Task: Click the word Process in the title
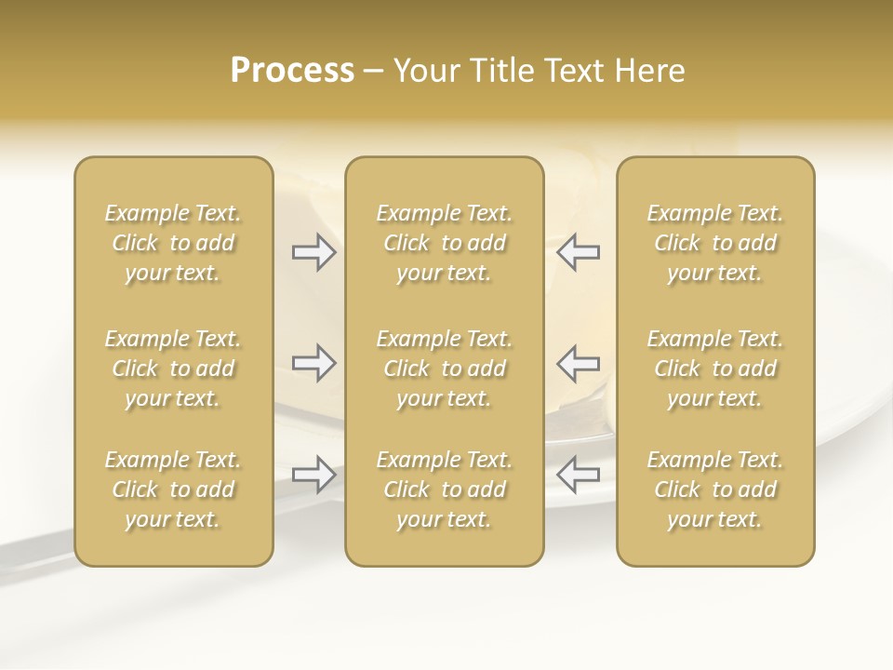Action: (x=292, y=71)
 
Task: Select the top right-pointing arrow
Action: (x=313, y=252)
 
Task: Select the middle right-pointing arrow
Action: (x=313, y=363)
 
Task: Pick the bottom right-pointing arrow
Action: (x=313, y=475)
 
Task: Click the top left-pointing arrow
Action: (x=578, y=252)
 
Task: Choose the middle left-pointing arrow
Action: (x=578, y=363)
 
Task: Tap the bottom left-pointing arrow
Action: (x=578, y=475)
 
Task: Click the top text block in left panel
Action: (x=173, y=243)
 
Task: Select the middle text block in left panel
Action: (x=173, y=368)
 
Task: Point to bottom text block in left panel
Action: (x=173, y=489)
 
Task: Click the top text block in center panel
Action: (x=444, y=243)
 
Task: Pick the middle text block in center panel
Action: (x=444, y=368)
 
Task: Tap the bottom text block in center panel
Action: (x=444, y=489)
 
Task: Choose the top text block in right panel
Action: (x=714, y=243)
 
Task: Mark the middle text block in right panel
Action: (x=714, y=368)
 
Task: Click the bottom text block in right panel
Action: (x=714, y=489)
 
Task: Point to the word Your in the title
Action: (x=425, y=71)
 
